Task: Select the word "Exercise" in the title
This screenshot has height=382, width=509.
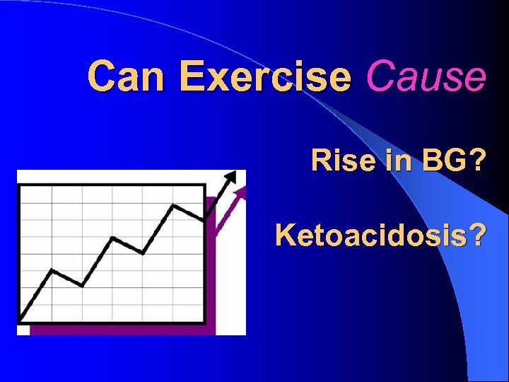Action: (x=265, y=76)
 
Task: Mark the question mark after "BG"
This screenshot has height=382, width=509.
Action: (x=476, y=162)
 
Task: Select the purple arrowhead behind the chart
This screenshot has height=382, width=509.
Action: (x=242, y=192)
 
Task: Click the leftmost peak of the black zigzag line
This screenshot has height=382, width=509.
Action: (x=52, y=270)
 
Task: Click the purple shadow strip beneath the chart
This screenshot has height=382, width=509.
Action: (x=120, y=330)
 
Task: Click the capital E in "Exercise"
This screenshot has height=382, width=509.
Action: (x=190, y=76)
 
